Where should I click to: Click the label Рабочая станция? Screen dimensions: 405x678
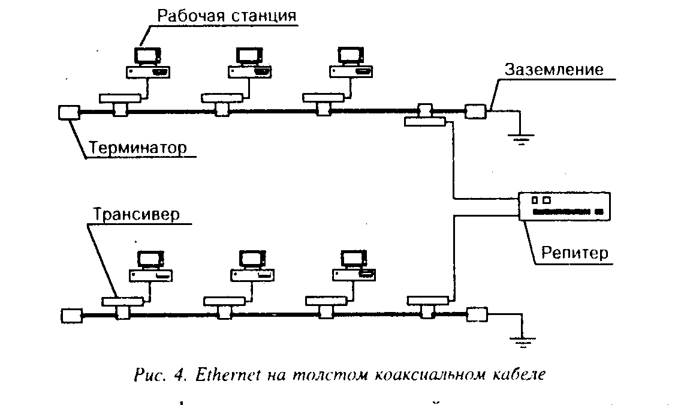tap(227, 16)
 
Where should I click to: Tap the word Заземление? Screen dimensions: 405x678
tap(554, 70)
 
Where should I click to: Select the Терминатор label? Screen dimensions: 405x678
tap(138, 147)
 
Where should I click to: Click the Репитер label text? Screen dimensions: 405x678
tap(575, 253)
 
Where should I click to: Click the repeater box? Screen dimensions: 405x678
tap(564, 206)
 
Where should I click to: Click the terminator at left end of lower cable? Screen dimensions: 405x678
tap(71, 316)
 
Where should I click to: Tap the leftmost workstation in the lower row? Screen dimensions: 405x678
tap(150, 266)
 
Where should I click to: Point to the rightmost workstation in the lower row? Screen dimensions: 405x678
tap(354, 266)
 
